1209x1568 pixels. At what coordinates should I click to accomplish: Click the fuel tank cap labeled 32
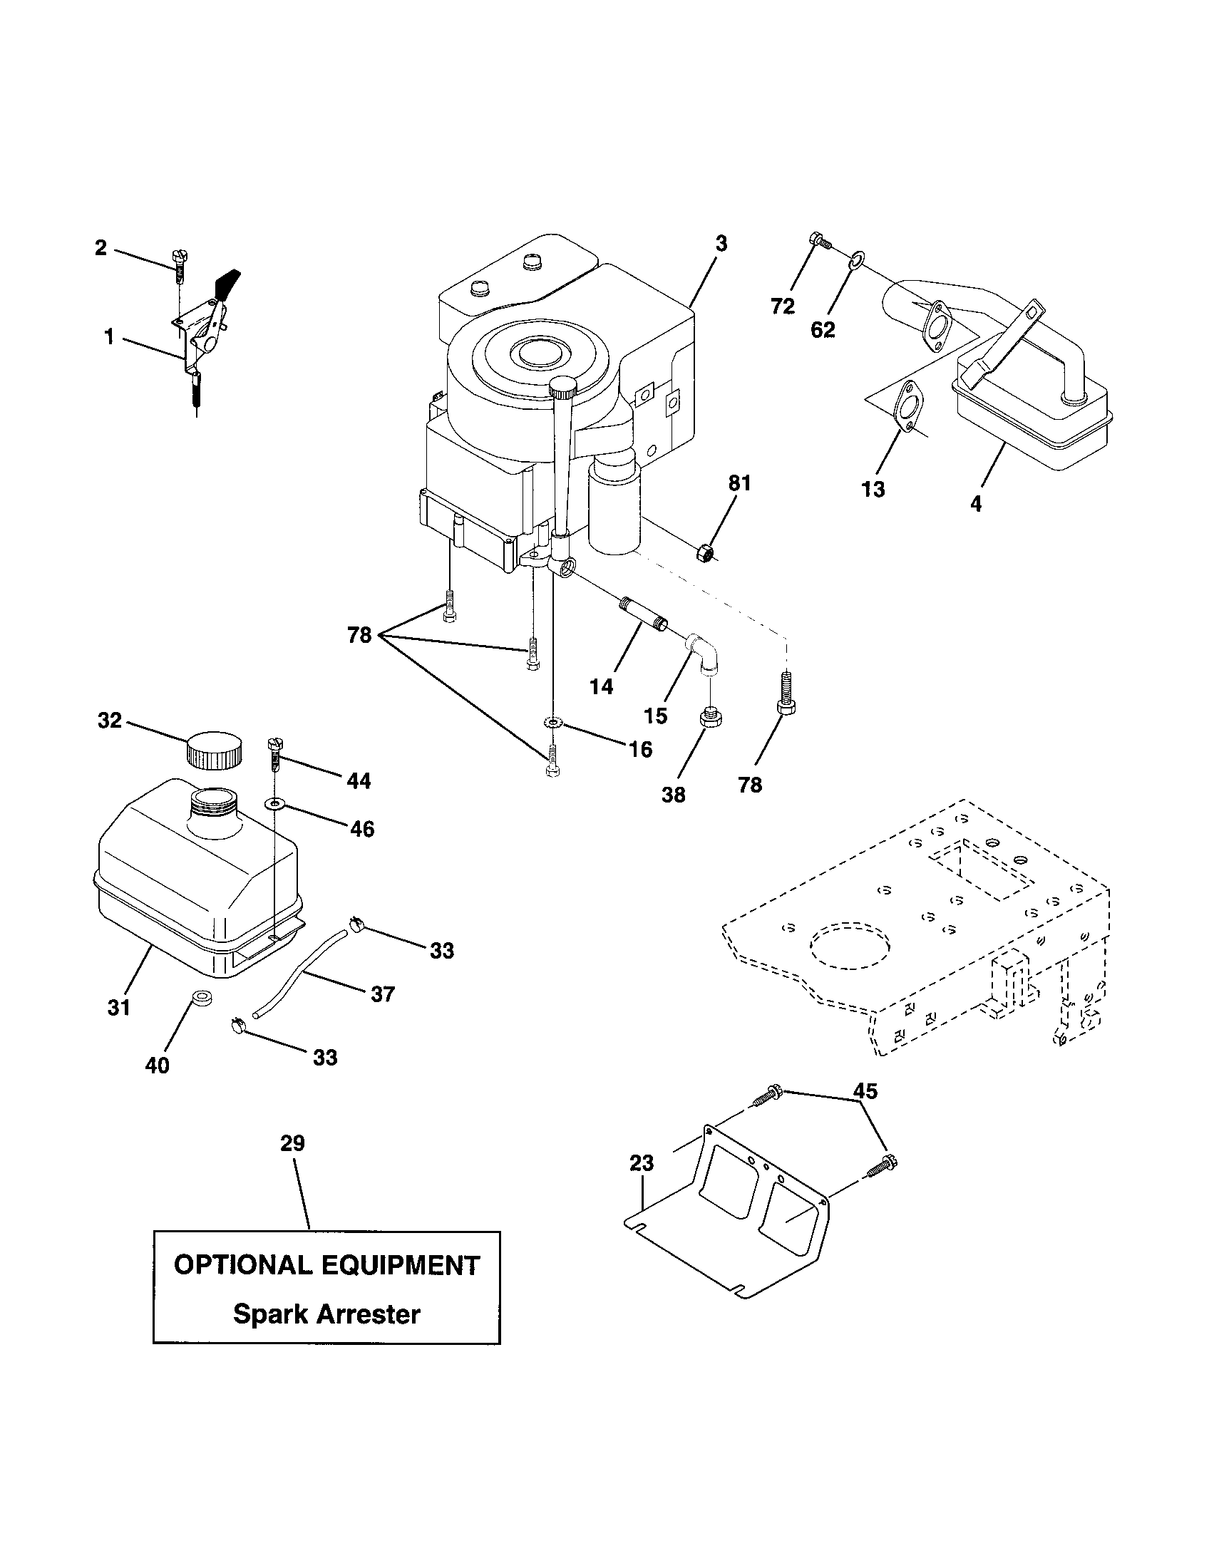pos(213,751)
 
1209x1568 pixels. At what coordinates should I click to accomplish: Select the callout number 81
pos(739,483)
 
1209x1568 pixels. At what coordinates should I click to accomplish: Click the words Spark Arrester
pos(326,1314)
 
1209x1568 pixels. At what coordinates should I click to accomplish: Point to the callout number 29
pos(292,1143)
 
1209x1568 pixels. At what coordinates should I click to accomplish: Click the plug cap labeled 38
pos(710,717)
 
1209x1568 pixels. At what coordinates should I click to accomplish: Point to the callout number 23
pos(641,1162)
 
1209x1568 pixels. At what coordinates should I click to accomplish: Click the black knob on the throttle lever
pos(228,282)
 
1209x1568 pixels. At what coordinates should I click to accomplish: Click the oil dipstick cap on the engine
pos(565,388)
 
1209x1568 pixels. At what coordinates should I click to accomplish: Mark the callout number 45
pos(865,1090)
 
